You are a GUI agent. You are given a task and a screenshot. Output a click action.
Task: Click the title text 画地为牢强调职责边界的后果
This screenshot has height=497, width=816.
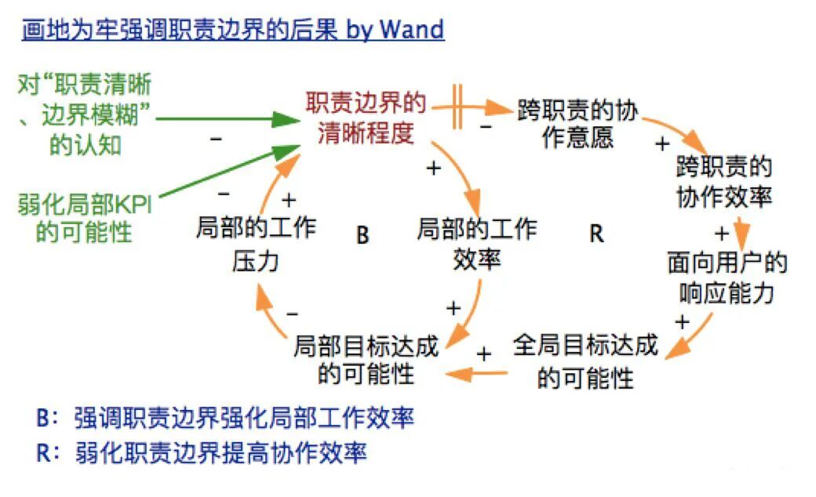coord(180,31)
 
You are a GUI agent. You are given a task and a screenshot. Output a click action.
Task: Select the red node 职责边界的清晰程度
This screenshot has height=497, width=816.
coord(366,118)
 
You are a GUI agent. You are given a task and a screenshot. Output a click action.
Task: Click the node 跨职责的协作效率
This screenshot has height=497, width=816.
coord(723,181)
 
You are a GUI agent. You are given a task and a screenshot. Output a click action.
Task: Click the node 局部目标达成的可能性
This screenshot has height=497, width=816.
coord(366,361)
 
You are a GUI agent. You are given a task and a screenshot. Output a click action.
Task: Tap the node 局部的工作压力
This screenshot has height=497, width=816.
coord(256,244)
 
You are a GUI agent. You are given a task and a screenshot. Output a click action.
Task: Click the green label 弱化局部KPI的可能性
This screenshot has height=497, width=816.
coord(85,219)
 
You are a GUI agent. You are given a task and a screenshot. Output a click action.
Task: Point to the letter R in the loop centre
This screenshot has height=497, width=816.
coord(596,234)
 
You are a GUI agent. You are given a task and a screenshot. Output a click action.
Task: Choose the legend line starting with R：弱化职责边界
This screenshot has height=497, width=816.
coord(202,453)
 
